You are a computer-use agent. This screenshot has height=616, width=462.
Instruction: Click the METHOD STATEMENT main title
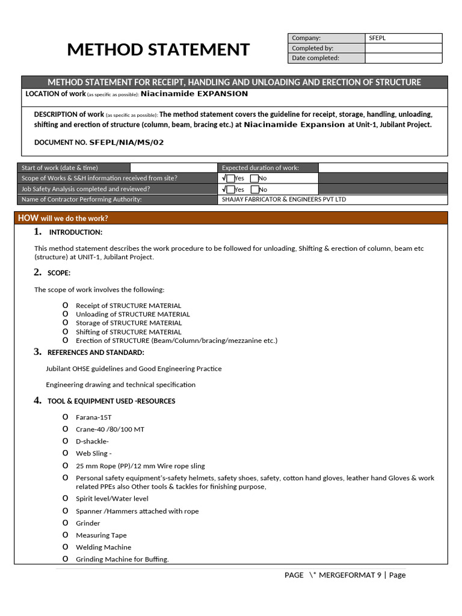click(158, 49)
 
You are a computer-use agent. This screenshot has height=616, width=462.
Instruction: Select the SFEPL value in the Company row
click(377, 38)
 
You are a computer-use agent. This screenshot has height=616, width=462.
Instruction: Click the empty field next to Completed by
click(403, 48)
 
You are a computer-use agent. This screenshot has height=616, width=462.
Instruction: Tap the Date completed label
click(315, 58)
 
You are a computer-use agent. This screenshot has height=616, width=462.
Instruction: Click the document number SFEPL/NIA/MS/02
click(126, 143)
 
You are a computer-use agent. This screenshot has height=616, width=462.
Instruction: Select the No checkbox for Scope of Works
click(254, 179)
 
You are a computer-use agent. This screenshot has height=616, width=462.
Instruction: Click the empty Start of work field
click(173, 168)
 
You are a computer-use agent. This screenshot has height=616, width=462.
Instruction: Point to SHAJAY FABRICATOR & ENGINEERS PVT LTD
click(284, 200)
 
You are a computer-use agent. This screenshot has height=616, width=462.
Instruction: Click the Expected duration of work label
click(260, 168)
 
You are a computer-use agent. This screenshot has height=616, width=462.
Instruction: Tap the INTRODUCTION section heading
click(75, 232)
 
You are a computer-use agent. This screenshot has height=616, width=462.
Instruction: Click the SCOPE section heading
click(59, 273)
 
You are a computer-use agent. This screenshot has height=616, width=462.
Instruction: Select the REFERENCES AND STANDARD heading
click(96, 353)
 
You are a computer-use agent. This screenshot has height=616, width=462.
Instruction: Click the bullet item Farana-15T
click(93, 417)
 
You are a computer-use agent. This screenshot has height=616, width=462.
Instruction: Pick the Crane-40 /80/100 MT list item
click(109, 430)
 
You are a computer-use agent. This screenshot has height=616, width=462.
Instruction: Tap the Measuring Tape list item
click(101, 535)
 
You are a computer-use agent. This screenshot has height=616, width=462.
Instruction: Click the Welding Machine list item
click(103, 547)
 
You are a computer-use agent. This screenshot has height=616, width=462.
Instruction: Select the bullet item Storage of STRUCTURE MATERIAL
click(128, 323)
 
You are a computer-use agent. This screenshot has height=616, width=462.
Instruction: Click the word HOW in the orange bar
click(28, 218)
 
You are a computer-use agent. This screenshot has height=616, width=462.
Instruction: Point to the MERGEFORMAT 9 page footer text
click(350, 575)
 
